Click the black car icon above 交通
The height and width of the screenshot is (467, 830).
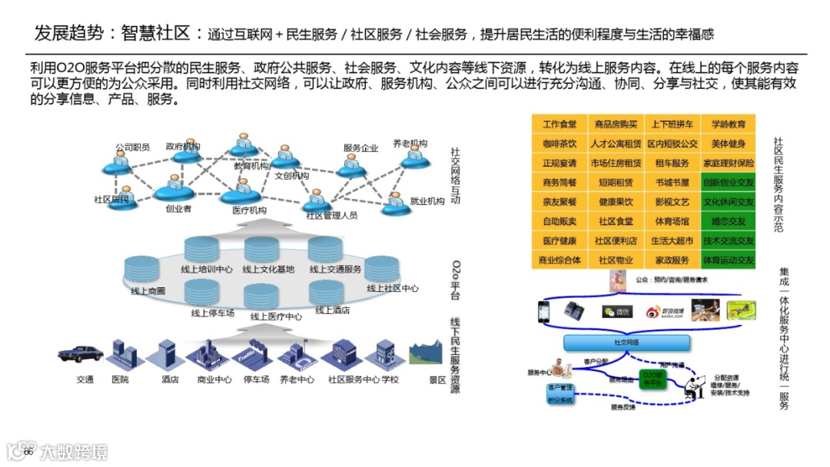click(81, 353)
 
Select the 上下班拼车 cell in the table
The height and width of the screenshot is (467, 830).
click(672, 124)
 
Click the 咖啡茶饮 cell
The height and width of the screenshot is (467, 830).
click(559, 144)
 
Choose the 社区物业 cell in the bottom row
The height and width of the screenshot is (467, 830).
click(616, 260)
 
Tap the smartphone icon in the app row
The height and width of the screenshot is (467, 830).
click(543, 310)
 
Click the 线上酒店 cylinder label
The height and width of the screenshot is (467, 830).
click(333, 310)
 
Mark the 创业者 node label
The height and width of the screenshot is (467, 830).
click(178, 208)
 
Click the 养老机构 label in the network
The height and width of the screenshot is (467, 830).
click(410, 144)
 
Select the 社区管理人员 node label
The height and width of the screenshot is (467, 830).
click(331, 216)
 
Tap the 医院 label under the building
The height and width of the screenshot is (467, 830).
click(121, 379)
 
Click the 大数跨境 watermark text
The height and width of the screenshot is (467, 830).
click(75, 451)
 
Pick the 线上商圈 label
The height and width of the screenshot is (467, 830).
click(148, 291)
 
